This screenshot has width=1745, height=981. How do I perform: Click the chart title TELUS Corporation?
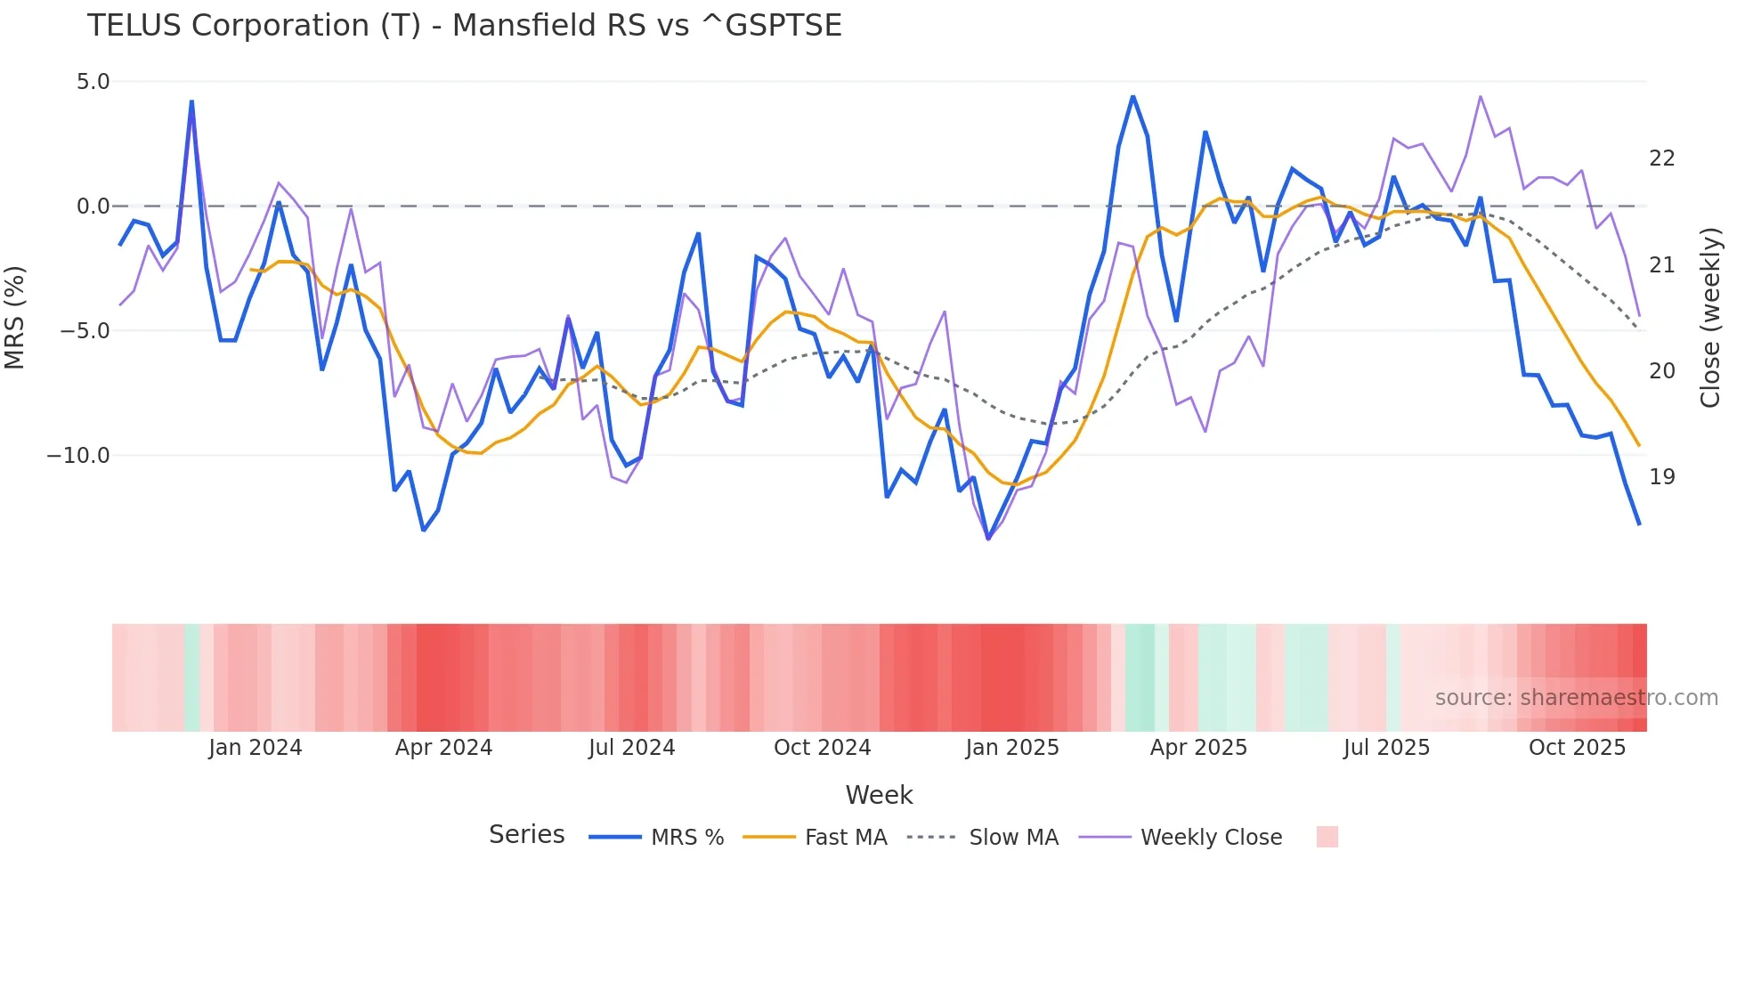(464, 26)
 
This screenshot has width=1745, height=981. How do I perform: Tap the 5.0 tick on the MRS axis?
(93, 82)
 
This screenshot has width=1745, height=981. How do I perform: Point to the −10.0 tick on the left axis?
(78, 456)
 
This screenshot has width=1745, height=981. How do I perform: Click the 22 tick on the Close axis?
(1661, 158)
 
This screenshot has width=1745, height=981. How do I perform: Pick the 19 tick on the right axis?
(1661, 477)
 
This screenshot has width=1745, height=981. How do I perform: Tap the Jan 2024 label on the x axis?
(256, 748)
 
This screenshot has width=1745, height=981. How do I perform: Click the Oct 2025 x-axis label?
(1577, 748)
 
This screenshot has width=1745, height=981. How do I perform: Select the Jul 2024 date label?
(631, 748)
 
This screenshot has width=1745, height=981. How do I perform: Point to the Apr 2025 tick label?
(1198, 748)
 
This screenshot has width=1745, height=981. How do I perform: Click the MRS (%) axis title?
(15, 317)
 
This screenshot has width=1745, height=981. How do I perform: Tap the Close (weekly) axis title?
(1710, 318)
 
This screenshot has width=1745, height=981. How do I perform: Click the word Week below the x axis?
(879, 795)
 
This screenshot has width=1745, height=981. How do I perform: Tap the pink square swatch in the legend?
(1327, 837)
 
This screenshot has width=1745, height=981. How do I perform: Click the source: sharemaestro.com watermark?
(1576, 698)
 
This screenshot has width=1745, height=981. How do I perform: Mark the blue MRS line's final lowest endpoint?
(1639, 524)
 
